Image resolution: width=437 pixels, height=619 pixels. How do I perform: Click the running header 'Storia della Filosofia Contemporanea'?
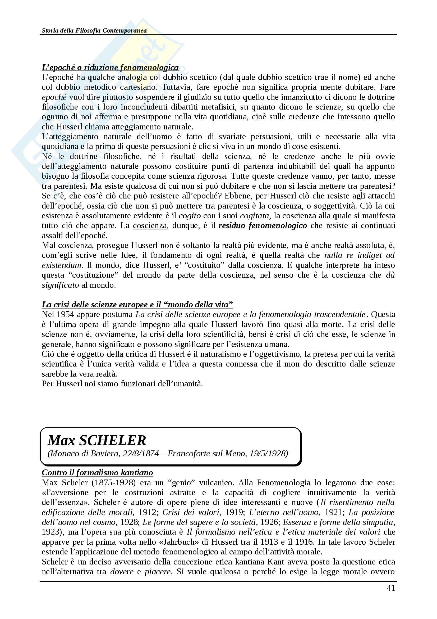click(x=94, y=30)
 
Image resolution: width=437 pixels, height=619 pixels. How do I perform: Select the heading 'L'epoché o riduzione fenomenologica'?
click(x=110, y=67)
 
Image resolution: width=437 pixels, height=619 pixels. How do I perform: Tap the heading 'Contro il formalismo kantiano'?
click(x=97, y=480)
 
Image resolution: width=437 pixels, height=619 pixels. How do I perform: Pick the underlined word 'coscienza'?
click(x=150, y=225)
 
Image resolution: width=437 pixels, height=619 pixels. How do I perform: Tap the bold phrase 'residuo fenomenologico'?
click(x=263, y=225)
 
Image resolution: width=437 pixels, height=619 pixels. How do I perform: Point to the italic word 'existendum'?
click(x=61, y=265)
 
